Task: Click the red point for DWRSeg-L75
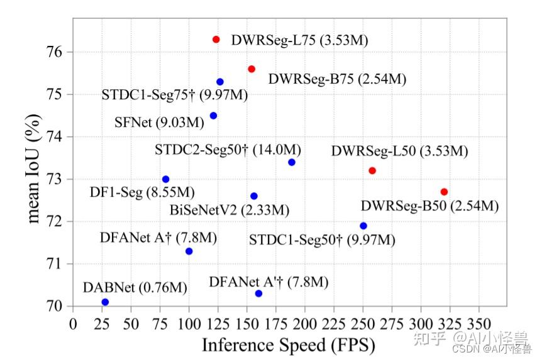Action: pyautogui.click(x=216, y=40)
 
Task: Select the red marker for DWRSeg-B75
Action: pyautogui.click(x=252, y=69)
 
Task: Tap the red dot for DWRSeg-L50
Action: pyautogui.click(x=372, y=171)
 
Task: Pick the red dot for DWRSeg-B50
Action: pyautogui.click(x=445, y=192)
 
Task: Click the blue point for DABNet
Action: pyautogui.click(x=105, y=302)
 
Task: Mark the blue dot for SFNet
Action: pyautogui.click(x=213, y=116)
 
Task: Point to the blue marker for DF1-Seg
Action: pyautogui.click(x=166, y=180)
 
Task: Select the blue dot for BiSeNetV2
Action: pyautogui.click(x=254, y=196)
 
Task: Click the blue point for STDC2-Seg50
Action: pyautogui.click(x=292, y=163)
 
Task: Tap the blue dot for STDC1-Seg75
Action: pyautogui.click(x=220, y=82)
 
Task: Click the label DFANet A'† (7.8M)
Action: pyautogui.click(x=268, y=282)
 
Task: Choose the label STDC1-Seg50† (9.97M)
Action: pyautogui.click(x=322, y=239)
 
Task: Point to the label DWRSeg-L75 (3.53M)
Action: pyautogui.click(x=299, y=40)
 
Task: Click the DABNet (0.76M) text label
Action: pyautogui.click(x=135, y=288)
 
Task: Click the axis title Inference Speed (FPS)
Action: pyautogui.click(x=288, y=346)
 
